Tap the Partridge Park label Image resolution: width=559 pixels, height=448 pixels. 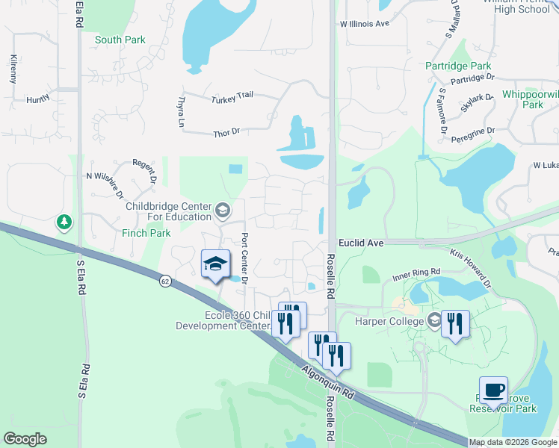[x=457, y=66]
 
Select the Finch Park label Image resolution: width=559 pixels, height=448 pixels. [x=146, y=233]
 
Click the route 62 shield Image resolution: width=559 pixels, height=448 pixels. [x=164, y=281]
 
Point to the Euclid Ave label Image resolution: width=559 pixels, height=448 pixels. [x=360, y=243]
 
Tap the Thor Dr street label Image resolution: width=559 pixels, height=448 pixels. [x=226, y=132]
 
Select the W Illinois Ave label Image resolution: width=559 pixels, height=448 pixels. [x=365, y=24]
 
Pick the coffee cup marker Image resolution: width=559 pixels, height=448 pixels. [x=493, y=390]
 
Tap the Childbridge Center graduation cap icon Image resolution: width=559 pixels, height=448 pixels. [x=222, y=211]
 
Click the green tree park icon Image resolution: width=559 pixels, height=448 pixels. [x=65, y=222]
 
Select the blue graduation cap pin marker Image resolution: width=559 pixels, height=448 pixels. [x=214, y=264]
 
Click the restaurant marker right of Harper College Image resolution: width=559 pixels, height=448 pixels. [x=454, y=323]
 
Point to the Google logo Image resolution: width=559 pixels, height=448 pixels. [x=25, y=439]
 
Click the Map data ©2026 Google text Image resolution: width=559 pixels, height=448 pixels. [x=513, y=442]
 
